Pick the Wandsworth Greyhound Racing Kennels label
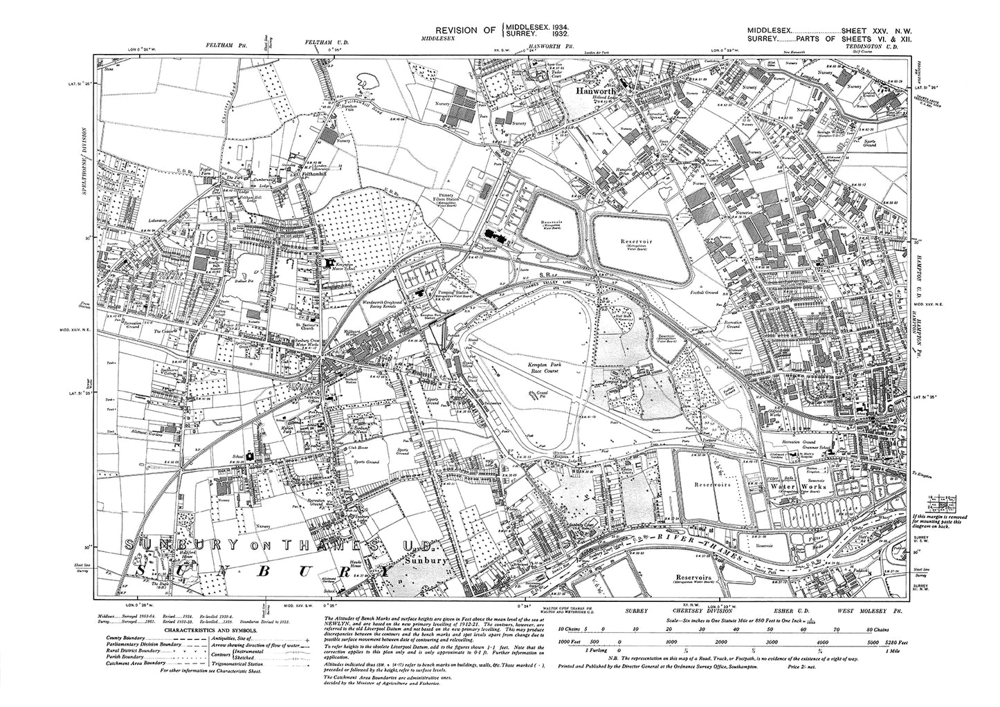(381, 305)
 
